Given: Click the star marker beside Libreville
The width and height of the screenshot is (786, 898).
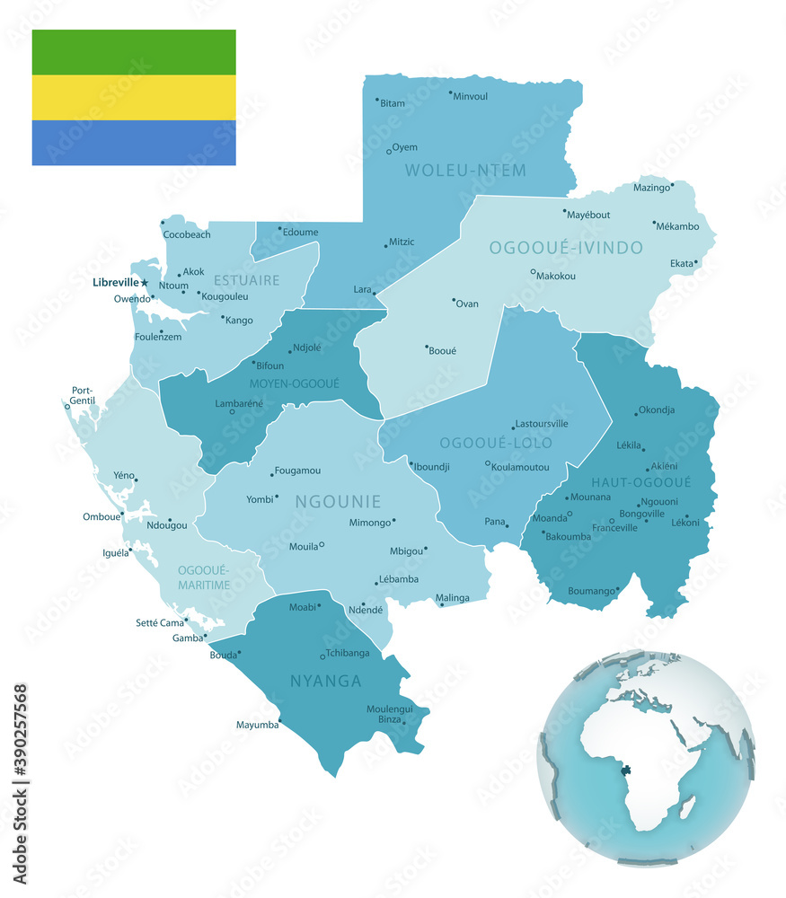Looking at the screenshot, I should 145,283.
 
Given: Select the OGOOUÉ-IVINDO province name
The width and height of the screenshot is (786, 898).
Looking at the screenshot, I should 565,247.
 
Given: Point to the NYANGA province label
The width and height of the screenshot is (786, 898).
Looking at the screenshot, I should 326,682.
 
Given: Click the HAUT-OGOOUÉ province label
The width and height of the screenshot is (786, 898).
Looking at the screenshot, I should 640,482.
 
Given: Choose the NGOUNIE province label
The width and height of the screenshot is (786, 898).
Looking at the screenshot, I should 337,502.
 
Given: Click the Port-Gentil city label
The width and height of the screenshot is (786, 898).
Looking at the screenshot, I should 83,396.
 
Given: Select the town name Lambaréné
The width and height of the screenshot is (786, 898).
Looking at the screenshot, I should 239,404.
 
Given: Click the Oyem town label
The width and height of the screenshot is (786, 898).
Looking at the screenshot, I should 405,147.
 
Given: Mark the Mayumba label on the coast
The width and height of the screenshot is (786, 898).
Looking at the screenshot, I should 257,725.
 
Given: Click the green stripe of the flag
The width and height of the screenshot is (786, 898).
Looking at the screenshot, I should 134,52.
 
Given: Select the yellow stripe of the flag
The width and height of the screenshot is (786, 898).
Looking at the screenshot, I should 134,97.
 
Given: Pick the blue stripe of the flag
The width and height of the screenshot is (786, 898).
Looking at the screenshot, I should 134,143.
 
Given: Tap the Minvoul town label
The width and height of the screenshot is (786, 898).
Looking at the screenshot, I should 470,96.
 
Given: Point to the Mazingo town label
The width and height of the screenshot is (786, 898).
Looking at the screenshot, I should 651,188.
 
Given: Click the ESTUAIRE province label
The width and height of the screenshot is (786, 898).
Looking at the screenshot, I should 247,280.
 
